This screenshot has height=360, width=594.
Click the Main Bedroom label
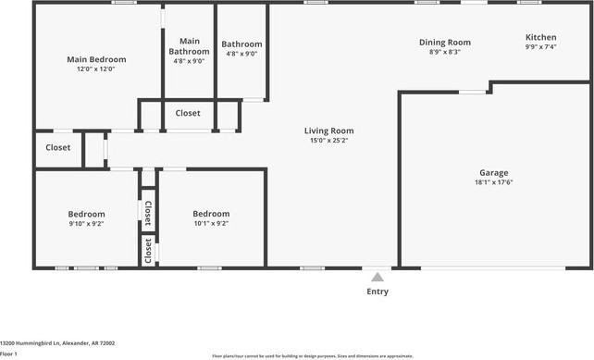[x=96, y=59]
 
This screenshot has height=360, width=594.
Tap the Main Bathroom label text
[x=189, y=46]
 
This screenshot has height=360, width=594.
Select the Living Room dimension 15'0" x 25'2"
[x=328, y=141]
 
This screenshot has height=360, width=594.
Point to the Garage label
[x=493, y=172]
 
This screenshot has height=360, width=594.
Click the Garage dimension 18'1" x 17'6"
[x=493, y=182]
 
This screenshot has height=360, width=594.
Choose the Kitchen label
[x=540, y=37]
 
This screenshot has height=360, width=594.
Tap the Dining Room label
[x=445, y=42]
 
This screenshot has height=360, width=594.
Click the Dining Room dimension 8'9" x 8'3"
[x=445, y=52]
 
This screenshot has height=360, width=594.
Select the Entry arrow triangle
[x=377, y=276]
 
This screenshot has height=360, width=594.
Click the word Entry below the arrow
[x=377, y=292]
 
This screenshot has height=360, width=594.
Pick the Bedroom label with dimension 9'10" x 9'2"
[x=87, y=214]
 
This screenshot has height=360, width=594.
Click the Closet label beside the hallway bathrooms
[x=188, y=113]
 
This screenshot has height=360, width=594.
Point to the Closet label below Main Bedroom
[x=58, y=147]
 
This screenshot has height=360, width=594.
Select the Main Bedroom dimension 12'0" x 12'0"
[x=96, y=69]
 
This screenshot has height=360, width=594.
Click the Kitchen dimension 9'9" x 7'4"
[x=540, y=47]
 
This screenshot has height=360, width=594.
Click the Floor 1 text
[x=9, y=354]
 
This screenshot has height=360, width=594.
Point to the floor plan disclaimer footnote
[x=312, y=355]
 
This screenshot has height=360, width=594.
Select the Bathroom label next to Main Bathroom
[x=241, y=43]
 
